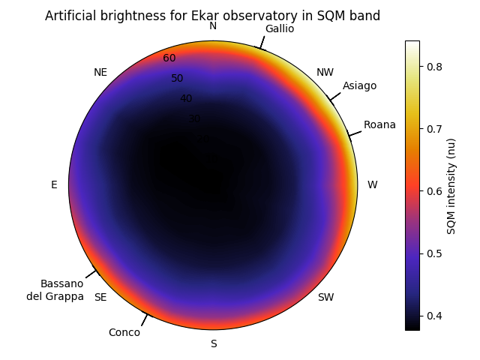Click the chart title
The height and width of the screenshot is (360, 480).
click(212, 16)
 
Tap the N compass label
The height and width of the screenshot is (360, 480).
click(213, 26)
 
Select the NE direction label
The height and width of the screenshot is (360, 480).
click(100, 73)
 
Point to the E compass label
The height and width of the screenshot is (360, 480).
click(54, 184)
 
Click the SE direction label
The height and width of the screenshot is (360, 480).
click(100, 297)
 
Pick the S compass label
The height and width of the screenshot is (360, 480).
click(214, 343)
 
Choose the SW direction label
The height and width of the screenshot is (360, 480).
click(325, 297)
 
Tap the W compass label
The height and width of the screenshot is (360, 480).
click(372, 184)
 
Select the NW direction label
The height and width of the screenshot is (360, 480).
click(325, 73)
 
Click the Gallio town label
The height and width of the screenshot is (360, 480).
click(280, 28)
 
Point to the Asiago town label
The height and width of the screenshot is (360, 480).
click(360, 85)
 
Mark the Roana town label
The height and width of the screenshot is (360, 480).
click(379, 124)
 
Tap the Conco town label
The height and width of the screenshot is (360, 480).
click(124, 332)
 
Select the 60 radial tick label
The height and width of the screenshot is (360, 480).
click(169, 58)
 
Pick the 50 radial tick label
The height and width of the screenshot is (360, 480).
click(177, 78)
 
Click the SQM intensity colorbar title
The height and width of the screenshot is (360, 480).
click(451, 185)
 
